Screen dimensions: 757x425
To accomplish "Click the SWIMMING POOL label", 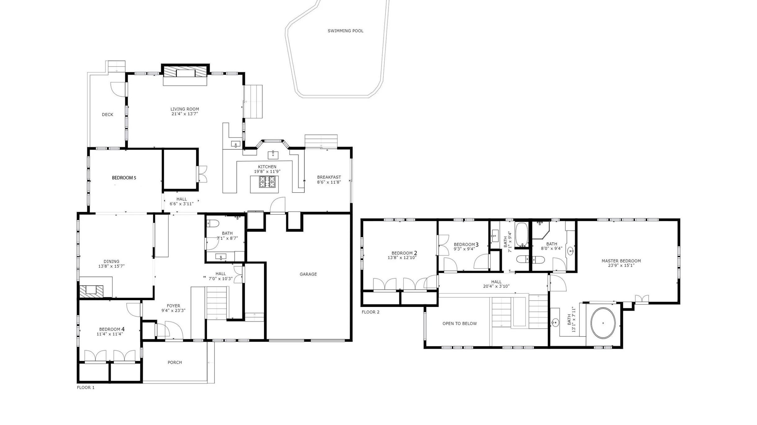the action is (x=345, y=31).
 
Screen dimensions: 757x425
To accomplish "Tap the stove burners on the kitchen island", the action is (x=267, y=182).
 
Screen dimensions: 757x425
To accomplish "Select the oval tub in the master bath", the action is (x=603, y=323).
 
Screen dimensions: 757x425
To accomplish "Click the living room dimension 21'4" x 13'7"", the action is (x=185, y=114).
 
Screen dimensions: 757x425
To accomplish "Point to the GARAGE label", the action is (x=308, y=274).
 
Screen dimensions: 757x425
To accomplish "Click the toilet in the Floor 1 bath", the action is (x=213, y=223).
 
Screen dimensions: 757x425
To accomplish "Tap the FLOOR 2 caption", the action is (x=370, y=312).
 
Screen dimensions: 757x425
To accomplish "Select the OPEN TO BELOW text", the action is (x=459, y=323).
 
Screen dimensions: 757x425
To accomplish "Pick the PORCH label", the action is (x=175, y=362).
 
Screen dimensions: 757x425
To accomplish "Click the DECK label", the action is (x=107, y=115).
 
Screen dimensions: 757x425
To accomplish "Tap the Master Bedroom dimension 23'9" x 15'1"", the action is (x=621, y=265).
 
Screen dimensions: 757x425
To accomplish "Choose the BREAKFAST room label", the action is (x=329, y=177).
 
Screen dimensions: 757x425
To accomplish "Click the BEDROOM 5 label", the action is (x=124, y=178).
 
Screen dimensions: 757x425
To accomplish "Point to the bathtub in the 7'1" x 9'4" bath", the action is (x=522, y=235).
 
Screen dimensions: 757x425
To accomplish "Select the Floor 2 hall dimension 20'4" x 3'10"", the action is (x=496, y=286).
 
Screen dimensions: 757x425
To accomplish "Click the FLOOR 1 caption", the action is (x=86, y=388).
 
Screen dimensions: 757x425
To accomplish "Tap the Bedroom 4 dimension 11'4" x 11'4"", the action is (x=110, y=334).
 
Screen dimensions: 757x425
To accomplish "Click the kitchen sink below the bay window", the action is (x=273, y=155).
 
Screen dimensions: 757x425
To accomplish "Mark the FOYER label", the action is (x=173, y=306).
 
